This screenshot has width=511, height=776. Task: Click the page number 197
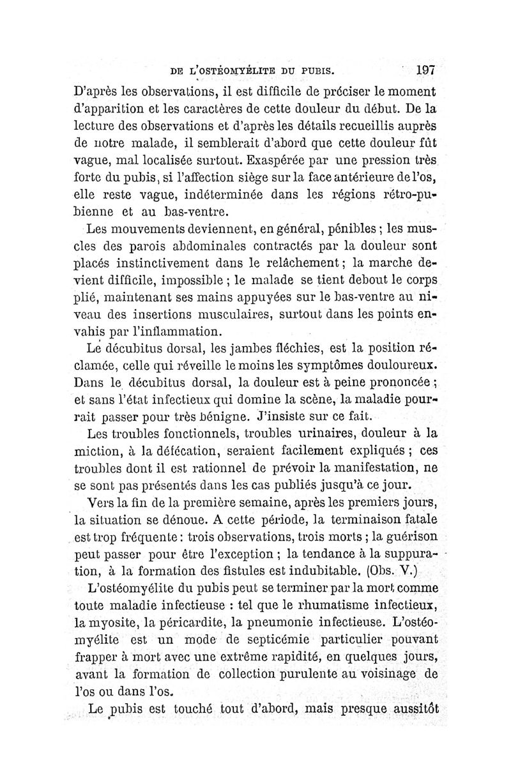423,68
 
